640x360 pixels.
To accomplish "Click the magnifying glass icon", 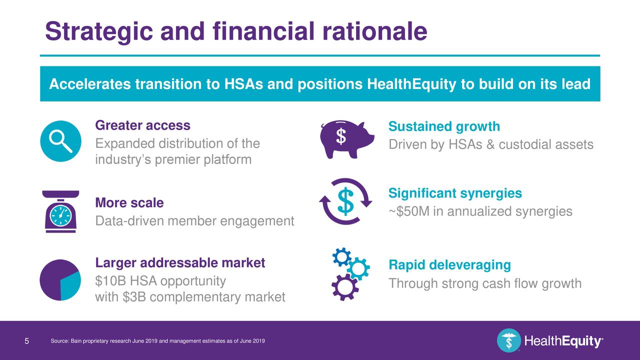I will pos(60,140).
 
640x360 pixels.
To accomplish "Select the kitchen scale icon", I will pos(60,212).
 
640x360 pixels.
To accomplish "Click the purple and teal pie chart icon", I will pos(60,279).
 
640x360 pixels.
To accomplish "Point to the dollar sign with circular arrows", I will pos(345,201).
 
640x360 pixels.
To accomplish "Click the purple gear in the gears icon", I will pos(344,286).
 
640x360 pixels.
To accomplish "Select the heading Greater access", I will pos(142,125).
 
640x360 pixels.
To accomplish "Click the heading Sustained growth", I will pos(444,126).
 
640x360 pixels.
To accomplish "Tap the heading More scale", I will pos(129,203).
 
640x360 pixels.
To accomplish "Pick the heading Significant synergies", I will pos(455,193).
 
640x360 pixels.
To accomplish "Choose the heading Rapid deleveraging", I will pos(449,265).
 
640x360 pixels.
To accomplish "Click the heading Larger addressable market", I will pos(180,263).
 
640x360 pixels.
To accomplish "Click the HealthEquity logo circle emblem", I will pos(508,341).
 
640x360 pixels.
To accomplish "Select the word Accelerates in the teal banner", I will pos(90,84).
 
